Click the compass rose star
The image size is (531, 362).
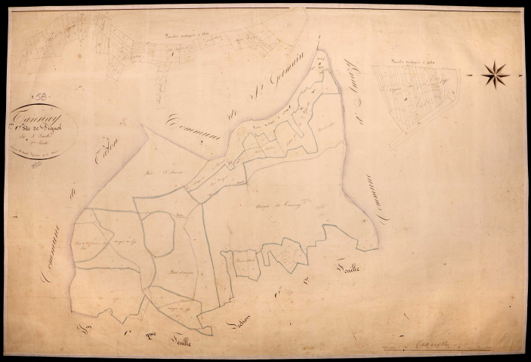tap(495, 73)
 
